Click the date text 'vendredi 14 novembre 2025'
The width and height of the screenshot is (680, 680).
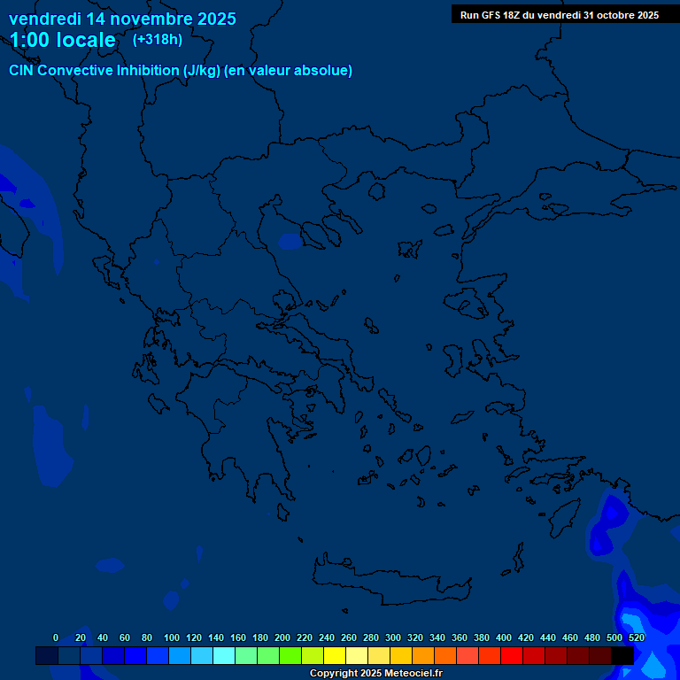tap(122, 19)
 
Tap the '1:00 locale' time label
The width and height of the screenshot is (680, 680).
tap(63, 40)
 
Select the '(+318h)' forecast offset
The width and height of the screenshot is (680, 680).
tap(158, 39)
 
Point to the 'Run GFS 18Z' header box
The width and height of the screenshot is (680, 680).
tap(559, 14)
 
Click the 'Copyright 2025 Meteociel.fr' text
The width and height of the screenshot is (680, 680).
tap(375, 674)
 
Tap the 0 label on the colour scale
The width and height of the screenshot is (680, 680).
tap(56, 637)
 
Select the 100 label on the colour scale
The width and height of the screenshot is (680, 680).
tap(172, 637)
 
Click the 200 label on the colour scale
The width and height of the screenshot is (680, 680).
tap(282, 637)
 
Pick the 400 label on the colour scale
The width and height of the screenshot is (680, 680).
tap(504, 637)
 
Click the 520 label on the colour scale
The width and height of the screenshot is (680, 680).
tap(636, 637)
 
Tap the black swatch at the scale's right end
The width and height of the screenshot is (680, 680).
tap(622, 655)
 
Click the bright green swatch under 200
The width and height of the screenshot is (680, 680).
tap(290, 655)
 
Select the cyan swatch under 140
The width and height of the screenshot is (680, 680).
tap(223, 655)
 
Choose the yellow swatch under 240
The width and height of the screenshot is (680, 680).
tap(334, 655)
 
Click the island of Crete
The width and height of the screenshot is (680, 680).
tap(381, 576)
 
